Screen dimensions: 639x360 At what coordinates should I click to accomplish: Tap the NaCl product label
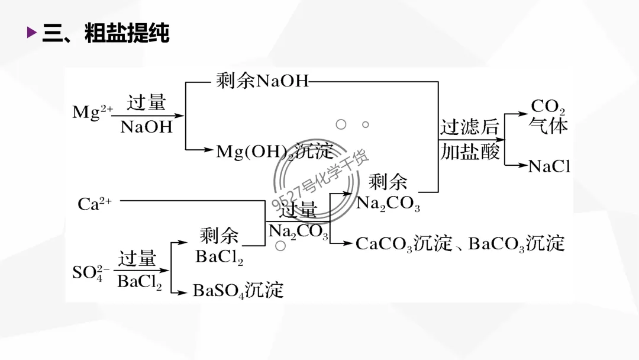pyautogui.click(x=549, y=166)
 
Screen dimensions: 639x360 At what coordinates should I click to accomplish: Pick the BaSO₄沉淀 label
pyautogui.click(x=238, y=290)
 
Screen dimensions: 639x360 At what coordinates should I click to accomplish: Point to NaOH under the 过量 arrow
pyautogui.click(x=146, y=127)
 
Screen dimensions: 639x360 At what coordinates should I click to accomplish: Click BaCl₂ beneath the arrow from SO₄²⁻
pyautogui.click(x=139, y=282)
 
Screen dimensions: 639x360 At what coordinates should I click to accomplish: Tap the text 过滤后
pyautogui.click(x=470, y=128)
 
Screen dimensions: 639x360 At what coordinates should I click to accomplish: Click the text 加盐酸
pyautogui.click(x=470, y=153)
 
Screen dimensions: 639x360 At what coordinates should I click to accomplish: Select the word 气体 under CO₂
pyautogui.click(x=548, y=126)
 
